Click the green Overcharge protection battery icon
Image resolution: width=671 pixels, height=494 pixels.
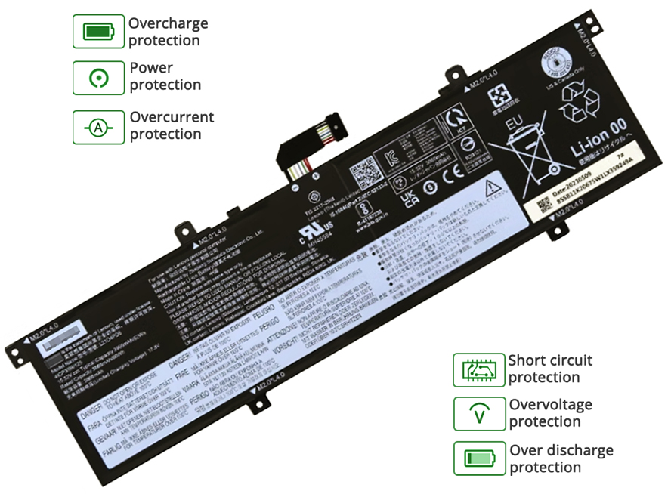tap(97, 32)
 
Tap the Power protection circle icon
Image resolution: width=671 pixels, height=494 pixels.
tap(97, 77)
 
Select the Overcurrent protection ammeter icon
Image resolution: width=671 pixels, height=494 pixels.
tap(97, 127)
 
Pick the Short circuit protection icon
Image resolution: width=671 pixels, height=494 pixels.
tap(478, 369)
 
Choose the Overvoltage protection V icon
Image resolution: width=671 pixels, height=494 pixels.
tap(478, 413)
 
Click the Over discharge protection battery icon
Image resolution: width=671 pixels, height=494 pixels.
tap(478, 458)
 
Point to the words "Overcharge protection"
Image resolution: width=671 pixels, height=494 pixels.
tap(168, 32)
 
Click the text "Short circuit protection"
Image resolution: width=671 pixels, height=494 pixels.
tap(550, 369)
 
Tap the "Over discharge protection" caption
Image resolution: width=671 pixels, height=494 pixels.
tap(561, 458)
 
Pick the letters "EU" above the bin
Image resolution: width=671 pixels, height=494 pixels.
tap(516, 120)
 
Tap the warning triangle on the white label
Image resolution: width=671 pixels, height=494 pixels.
tap(490, 184)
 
